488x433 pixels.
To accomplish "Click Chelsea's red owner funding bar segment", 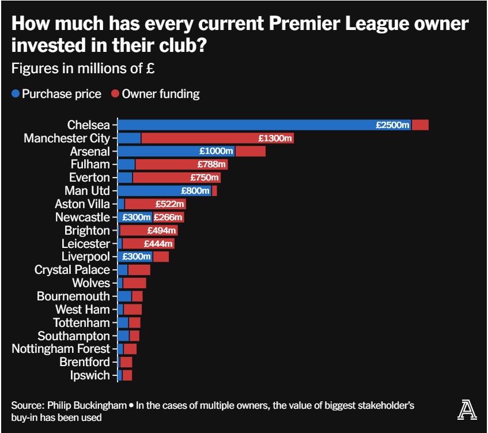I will (420, 125).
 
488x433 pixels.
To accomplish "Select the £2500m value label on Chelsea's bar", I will (392, 125).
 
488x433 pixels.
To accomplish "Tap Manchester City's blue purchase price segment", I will (129, 138).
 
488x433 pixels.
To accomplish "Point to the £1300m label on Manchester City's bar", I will (275, 138).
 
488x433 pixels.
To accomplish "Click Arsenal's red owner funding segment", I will (250, 151).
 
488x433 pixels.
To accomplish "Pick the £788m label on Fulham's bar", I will (213, 164).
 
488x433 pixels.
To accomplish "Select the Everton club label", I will (89, 178).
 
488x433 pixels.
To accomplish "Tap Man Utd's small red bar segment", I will (214, 191).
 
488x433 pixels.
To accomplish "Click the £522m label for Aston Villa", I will (170, 204).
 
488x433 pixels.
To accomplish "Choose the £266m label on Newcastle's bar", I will (168, 217).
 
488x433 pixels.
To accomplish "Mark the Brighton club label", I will (87, 231).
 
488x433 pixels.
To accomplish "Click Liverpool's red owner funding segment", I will (161, 257).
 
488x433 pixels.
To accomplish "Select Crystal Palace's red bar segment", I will (139, 270).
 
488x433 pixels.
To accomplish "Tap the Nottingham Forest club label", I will (60, 349).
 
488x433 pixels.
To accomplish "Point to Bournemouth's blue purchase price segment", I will (124, 296).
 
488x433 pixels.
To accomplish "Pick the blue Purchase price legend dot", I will (16, 94).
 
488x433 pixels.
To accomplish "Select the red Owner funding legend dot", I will (115, 94).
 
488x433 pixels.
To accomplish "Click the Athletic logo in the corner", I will (464, 410).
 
